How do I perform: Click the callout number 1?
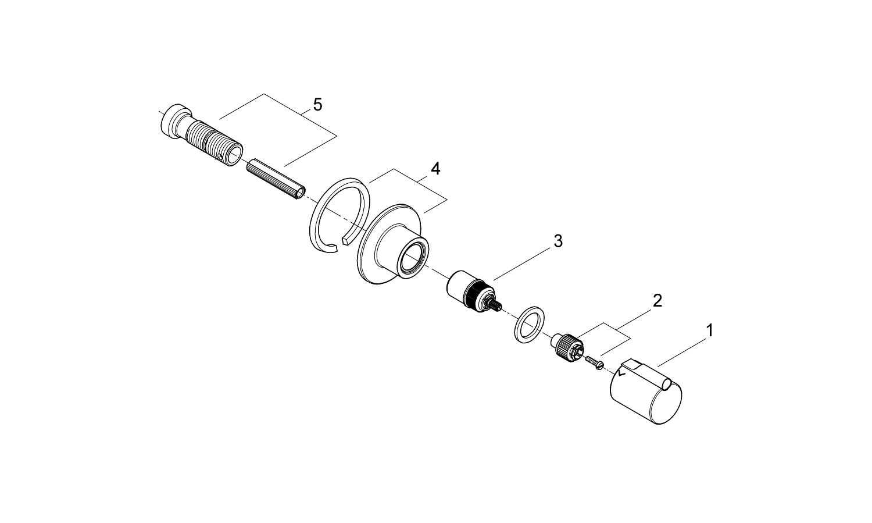709,331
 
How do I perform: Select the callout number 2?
657,301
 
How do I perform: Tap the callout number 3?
558,241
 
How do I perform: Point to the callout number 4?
435,169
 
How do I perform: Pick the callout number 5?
317,105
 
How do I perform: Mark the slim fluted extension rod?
276,180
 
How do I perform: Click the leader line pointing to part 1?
681,348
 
